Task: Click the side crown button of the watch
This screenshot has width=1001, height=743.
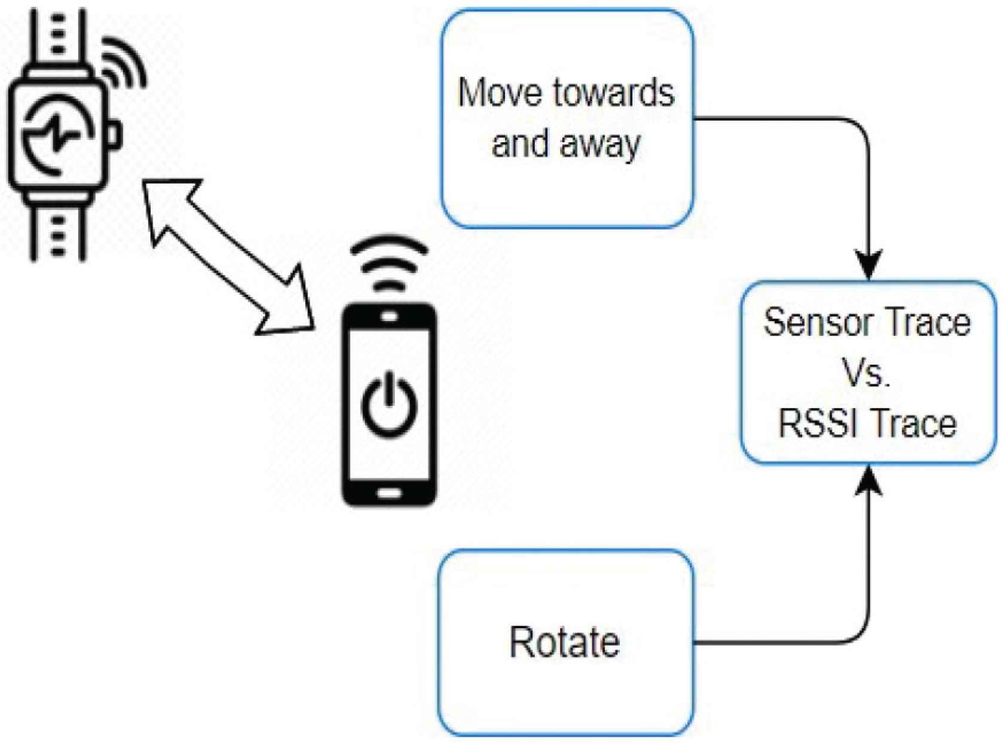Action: (x=115, y=133)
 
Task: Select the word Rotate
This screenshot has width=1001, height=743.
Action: (x=564, y=642)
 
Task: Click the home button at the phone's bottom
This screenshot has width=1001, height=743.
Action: (x=389, y=494)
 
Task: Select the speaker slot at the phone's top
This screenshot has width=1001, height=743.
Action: (x=389, y=317)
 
